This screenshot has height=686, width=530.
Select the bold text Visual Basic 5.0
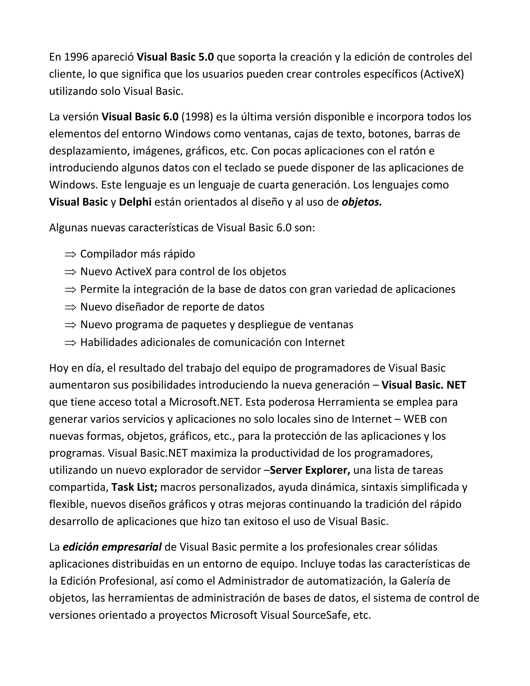175,57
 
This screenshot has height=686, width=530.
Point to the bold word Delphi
135,202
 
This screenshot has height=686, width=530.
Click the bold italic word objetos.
362,202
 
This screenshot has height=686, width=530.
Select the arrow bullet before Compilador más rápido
70,254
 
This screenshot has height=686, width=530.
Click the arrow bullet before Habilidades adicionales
70,343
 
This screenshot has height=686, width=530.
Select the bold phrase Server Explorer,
310,470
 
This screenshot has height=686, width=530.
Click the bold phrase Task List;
134,487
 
